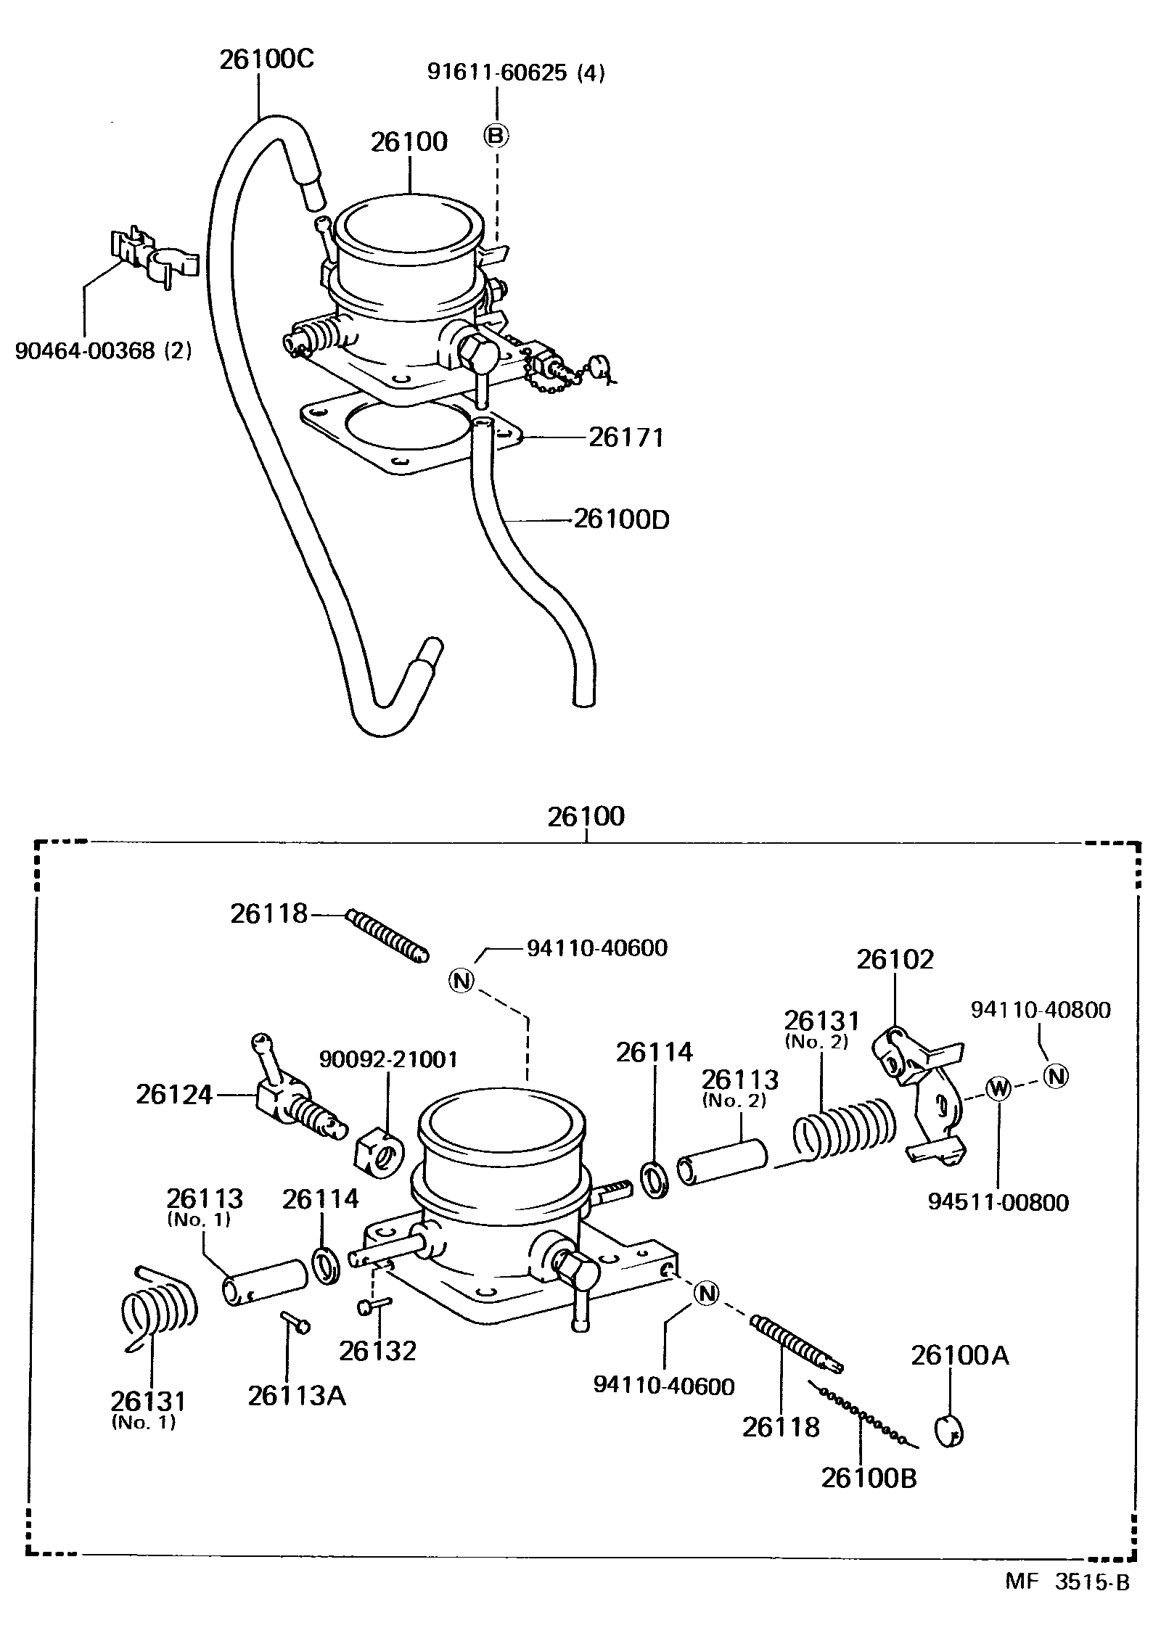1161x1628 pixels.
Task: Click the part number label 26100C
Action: (x=267, y=59)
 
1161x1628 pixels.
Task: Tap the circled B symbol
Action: (x=497, y=135)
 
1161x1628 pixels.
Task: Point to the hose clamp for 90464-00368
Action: (x=154, y=257)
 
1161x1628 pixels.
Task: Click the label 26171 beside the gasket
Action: (x=626, y=438)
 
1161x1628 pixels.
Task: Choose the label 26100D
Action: (x=622, y=519)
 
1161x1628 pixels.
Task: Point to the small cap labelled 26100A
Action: (x=948, y=1430)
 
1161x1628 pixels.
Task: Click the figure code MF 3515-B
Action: (x=1067, y=1597)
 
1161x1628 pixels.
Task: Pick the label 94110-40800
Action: (x=1041, y=1010)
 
